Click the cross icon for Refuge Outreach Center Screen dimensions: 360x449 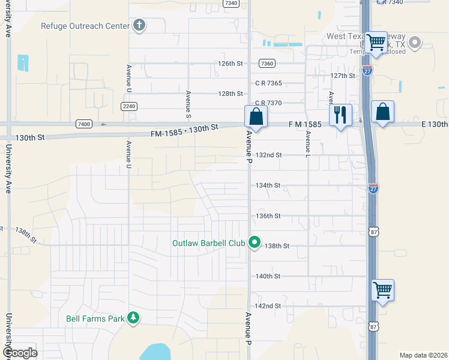click(x=139, y=25)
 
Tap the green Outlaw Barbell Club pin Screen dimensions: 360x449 click(x=255, y=242)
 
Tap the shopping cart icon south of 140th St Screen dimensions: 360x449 click(x=382, y=290)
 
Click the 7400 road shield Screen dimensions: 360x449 click(x=84, y=124)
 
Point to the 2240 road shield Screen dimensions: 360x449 click(x=128, y=106)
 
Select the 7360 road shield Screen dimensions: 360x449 click(x=267, y=63)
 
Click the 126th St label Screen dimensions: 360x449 click(x=231, y=63)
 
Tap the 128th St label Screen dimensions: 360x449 click(x=231, y=94)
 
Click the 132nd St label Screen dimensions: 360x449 click(x=268, y=155)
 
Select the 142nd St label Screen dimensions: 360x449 click(x=268, y=306)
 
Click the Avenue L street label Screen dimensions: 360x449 click(x=307, y=145)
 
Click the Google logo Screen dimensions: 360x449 click(x=20, y=352)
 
